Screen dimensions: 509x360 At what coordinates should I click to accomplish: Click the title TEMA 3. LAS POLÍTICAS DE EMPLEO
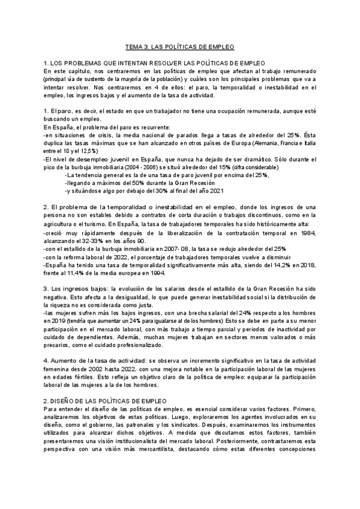tap(179, 46)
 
